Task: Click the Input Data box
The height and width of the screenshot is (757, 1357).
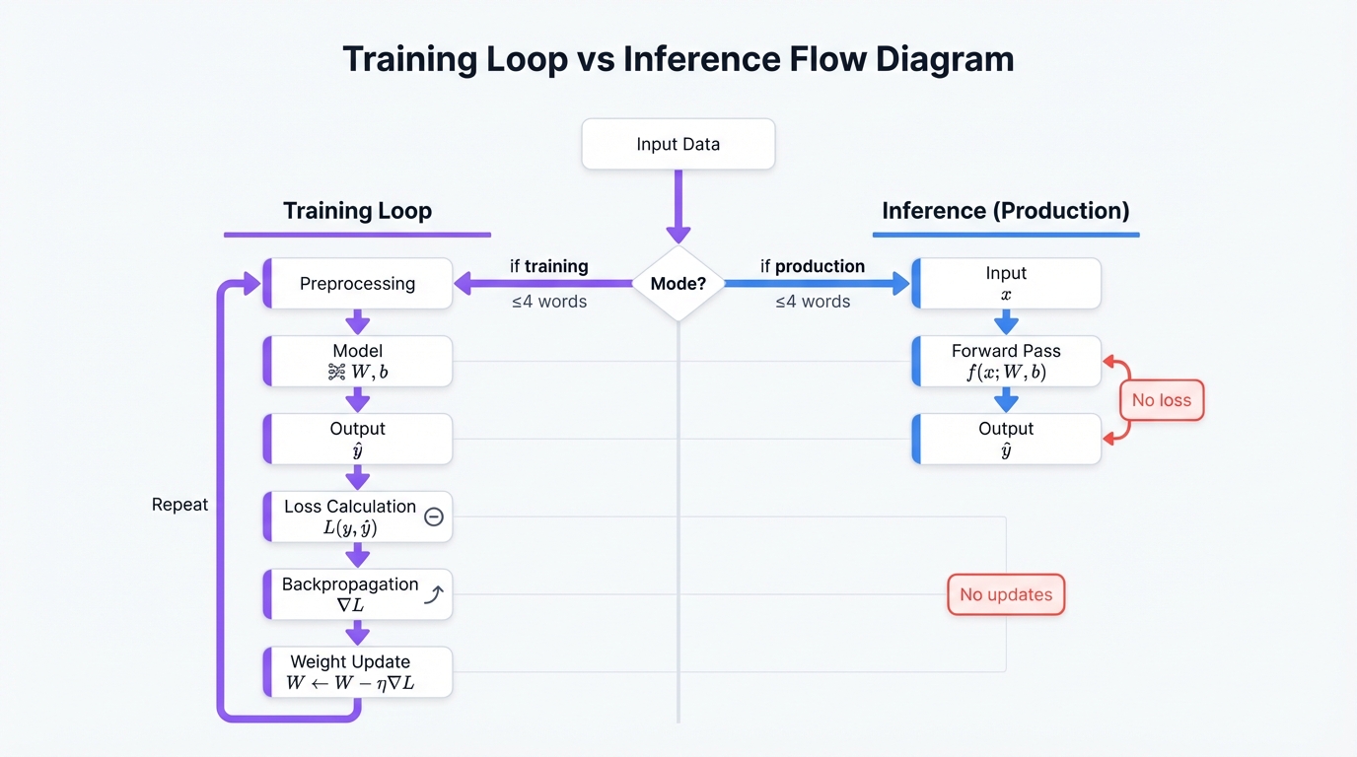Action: pyautogui.click(x=678, y=144)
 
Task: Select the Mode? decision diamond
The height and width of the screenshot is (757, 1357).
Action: pyautogui.click(x=678, y=284)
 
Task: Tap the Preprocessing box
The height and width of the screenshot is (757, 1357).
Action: pyautogui.click(x=357, y=284)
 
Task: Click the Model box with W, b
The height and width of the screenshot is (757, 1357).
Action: pyautogui.click(x=357, y=361)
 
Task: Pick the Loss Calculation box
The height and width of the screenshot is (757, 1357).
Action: pyautogui.click(x=357, y=516)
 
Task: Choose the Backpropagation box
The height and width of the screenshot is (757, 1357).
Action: pyautogui.click(x=357, y=594)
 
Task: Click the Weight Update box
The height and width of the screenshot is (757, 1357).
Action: pyautogui.click(x=357, y=672)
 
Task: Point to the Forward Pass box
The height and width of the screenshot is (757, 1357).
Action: pyautogui.click(x=1006, y=361)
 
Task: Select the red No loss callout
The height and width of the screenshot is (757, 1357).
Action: pyautogui.click(x=1161, y=400)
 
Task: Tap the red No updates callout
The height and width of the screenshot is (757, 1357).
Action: pyautogui.click(x=1006, y=594)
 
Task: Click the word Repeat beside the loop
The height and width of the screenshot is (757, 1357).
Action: pyautogui.click(x=179, y=505)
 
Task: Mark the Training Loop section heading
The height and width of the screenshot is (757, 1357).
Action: pyautogui.click(x=357, y=211)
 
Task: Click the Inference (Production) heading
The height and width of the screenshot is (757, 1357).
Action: pyautogui.click(x=1005, y=211)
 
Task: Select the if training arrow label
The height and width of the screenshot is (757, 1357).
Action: pyautogui.click(x=548, y=266)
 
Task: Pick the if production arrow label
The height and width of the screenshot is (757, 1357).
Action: pyautogui.click(x=812, y=266)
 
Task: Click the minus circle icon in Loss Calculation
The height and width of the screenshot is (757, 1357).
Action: pyautogui.click(x=433, y=516)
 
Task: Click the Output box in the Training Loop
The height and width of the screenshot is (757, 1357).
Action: pyautogui.click(x=357, y=439)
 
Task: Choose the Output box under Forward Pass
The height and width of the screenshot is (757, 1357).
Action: pyautogui.click(x=1006, y=439)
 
